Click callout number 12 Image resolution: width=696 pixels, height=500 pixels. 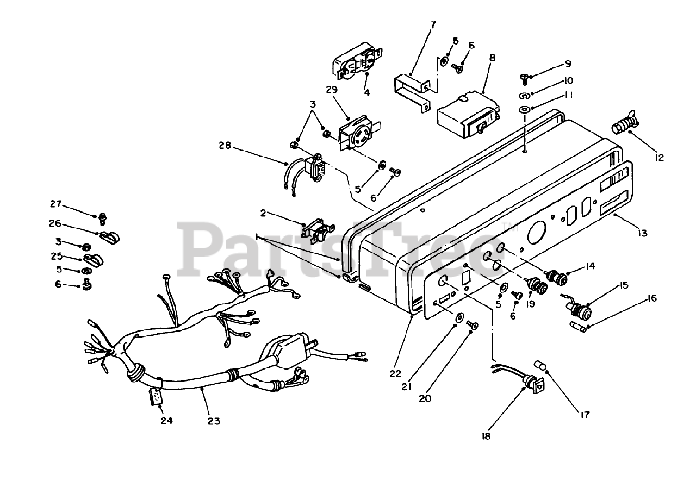(x=660, y=158)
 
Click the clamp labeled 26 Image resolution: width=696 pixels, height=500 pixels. (x=110, y=237)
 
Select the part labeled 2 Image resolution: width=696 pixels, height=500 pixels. (x=316, y=232)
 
